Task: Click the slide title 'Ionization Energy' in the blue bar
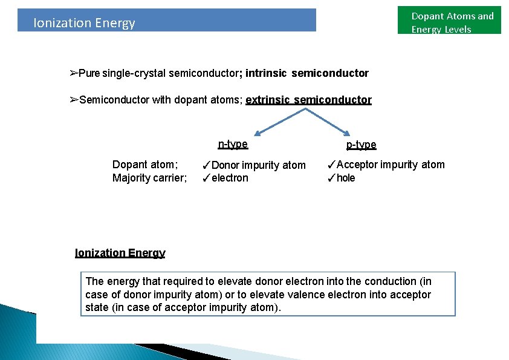(84, 23)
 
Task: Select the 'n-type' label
(233, 144)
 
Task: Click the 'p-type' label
(361, 145)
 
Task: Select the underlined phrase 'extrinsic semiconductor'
(308, 100)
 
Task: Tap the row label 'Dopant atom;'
(145, 165)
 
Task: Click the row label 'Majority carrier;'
(149, 178)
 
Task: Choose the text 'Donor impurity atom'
(259, 165)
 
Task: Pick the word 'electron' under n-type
(230, 178)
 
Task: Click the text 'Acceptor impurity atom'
(391, 165)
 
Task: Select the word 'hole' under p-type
(346, 178)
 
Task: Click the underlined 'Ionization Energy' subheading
(120, 253)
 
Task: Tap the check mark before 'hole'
(331, 178)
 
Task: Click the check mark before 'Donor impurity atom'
(206, 165)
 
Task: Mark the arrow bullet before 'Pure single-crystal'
(74, 73)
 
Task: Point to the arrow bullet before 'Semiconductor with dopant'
(74, 100)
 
